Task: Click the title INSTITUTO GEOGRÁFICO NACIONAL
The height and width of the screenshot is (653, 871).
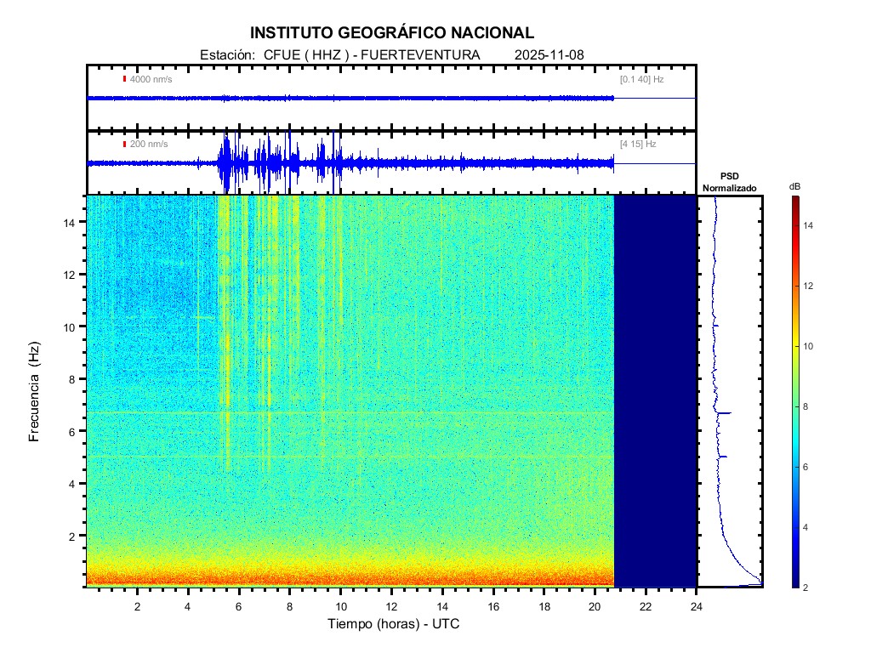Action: click(392, 33)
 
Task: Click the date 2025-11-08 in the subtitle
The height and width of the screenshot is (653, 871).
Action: click(549, 54)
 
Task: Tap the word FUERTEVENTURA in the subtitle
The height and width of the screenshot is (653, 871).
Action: click(421, 54)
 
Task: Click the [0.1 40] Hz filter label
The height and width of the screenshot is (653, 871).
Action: click(641, 79)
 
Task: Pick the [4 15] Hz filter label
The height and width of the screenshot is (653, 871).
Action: click(638, 144)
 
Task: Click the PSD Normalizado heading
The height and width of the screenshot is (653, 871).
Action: click(729, 182)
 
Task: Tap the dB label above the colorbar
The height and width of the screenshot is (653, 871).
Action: click(794, 186)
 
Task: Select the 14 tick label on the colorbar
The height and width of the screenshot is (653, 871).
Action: click(810, 226)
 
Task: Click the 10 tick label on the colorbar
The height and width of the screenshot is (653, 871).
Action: click(810, 347)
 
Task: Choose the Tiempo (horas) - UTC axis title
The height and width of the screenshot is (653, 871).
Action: click(394, 624)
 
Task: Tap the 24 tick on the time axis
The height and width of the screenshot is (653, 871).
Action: click(697, 605)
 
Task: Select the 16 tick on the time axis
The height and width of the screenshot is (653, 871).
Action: click(493, 605)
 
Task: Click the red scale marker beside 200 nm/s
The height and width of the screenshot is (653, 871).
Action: click(125, 144)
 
